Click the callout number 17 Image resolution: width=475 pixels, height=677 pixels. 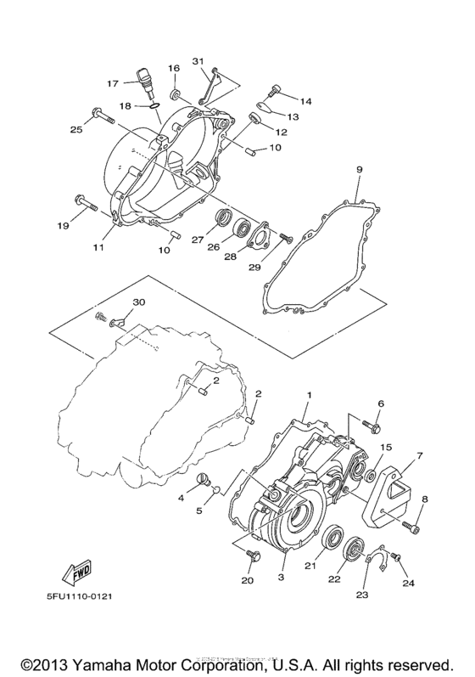112,83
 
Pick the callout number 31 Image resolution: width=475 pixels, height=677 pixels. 198,61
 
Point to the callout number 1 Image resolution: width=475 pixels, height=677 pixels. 309,396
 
